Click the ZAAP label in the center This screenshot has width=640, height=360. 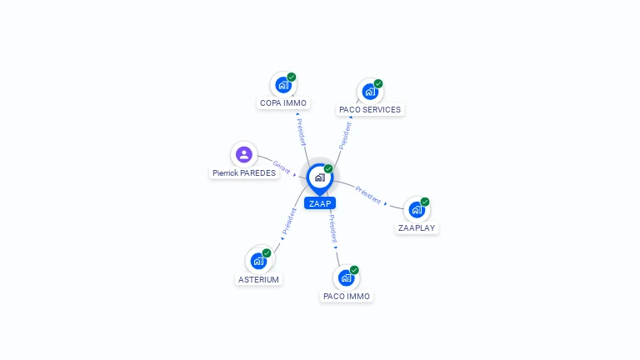[320, 203]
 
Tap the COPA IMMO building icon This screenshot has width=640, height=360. [282, 85]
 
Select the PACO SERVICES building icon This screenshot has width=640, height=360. [370, 92]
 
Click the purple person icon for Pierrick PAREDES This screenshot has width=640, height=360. [243, 155]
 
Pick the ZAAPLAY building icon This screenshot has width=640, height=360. [417, 210]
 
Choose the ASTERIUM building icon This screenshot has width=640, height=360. [258, 261]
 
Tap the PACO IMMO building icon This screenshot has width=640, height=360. [346, 278]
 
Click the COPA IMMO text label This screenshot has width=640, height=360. [283, 102]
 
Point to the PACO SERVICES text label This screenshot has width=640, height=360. [370, 110]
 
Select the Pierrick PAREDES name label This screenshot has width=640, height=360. [244, 173]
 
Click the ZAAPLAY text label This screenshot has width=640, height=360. [417, 227]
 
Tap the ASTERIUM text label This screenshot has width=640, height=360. [258, 280]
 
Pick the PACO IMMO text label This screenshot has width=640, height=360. [346, 297]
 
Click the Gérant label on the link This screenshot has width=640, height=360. [282, 167]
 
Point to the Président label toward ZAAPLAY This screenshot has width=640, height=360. [367, 195]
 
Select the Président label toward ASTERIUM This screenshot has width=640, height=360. [289, 221]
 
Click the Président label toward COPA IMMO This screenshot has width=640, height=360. [301, 132]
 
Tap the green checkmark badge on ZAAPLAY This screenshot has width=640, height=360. [425, 202]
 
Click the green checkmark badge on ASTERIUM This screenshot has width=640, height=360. [267, 253]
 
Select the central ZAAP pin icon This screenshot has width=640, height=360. [320, 178]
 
